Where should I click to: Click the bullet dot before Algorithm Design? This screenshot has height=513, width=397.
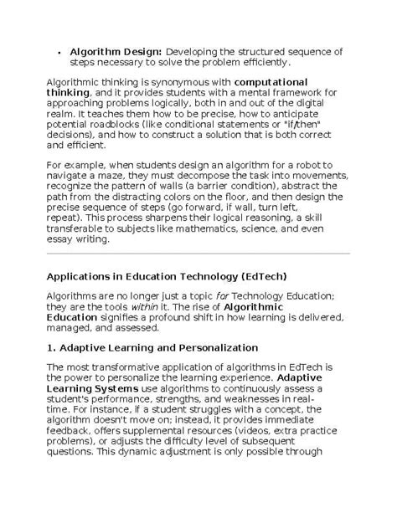59,52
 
